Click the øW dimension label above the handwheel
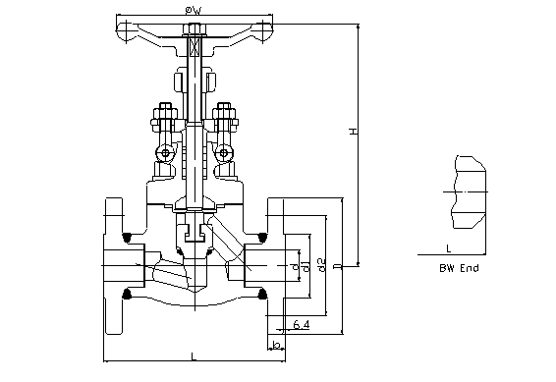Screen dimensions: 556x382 coord(194,11)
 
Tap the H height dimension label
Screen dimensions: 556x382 coord(354,132)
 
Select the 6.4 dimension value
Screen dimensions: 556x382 coord(302,324)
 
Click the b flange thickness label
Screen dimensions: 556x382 coord(276,344)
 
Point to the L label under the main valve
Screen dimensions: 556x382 coord(194,356)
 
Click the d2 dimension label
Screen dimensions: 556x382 coord(322,265)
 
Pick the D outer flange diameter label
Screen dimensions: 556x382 coord(339,266)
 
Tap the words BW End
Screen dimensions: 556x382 coord(459,268)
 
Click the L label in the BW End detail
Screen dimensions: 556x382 coord(448,248)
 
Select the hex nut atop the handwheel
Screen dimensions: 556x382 coord(194,29)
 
